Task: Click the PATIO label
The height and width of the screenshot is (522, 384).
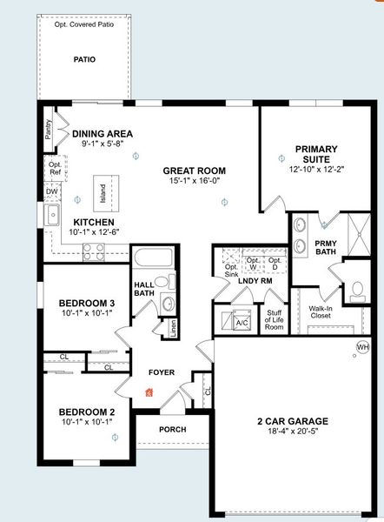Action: pyautogui.click(x=84, y=60)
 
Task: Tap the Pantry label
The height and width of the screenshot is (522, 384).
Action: pyautogui.click(x=48, y=130)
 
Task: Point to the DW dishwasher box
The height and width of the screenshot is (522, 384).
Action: pyautogui.click(x=52, y=191)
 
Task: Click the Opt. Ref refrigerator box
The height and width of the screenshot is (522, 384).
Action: pyautogui.click(x=55, y=168)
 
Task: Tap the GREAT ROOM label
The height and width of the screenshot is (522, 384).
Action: pyautogui.click(x=194, y=171)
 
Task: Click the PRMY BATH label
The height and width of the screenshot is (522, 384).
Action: pyautogui.click(x=327, y=246)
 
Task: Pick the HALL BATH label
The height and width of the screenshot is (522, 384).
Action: pyautogui.click(x=143, y=289)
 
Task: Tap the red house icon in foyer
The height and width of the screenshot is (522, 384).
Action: pyautogui.click(x=149, y=391)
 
